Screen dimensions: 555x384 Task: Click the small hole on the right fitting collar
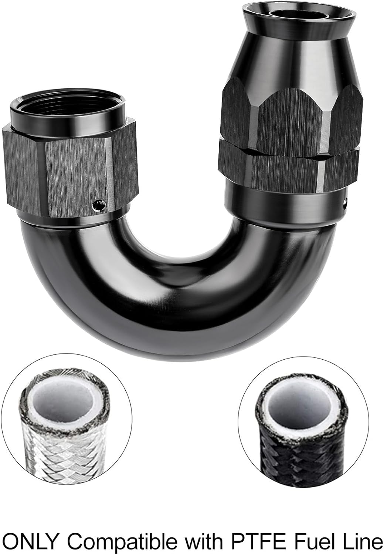(x=345, y=202)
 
